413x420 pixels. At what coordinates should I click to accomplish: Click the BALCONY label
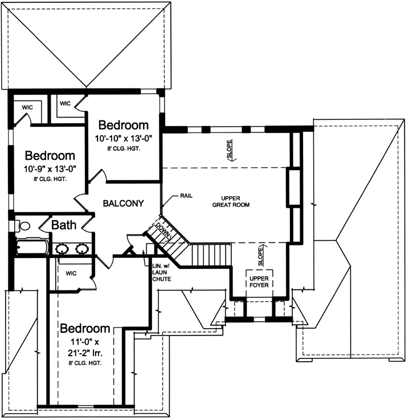tap(122, 203)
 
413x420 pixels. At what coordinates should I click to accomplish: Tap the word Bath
tap(64, 225)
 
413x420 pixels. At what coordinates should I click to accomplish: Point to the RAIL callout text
tap(186, 195)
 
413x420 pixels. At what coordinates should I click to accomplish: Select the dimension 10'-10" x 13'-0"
tap(124, 138)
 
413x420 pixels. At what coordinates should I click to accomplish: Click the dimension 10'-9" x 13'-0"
tap(50, 168)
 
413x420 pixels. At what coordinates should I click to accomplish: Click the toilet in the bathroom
tap(23, 227)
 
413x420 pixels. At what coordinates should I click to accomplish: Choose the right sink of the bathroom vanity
tap(83, 248)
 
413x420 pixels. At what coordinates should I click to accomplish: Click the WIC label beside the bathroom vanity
tap(71, 273)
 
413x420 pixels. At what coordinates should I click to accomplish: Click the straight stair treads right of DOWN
tap(209, 252)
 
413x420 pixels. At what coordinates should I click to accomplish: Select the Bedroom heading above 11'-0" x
tap(85, 329)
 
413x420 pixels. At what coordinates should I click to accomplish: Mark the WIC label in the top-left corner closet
tap(27, 107)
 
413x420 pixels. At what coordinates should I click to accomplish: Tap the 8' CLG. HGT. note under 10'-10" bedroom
tap(124, 148)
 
